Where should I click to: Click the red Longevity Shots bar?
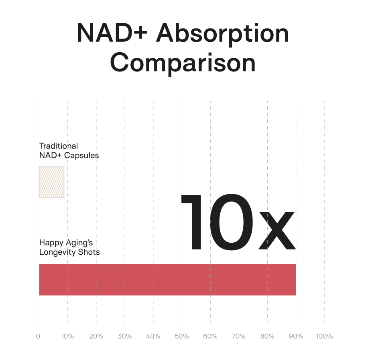coord(167,280)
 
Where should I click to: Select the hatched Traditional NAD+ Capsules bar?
coord(52,182)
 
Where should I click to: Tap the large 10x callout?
coord(238,222)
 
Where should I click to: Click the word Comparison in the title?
coord(183,63)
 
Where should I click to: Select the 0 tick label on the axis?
coord(38,336)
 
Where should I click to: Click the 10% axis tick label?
coord(67,336)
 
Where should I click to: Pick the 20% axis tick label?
coord(96,336)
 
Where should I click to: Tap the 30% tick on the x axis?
coord(125,336)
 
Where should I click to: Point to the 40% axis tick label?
coord(153,336)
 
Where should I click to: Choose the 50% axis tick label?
coord(182,336)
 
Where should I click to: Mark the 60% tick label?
coord(210,336)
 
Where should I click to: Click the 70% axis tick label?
coord(239,336)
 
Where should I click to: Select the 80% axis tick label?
coord(267,336)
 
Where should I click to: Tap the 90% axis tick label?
coord(296,336)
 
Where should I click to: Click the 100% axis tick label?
coord(324,336)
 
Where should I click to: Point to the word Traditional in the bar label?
coord(59,146)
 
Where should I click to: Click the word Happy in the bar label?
coord(51,243)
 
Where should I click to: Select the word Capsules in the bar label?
coord(81,155)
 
